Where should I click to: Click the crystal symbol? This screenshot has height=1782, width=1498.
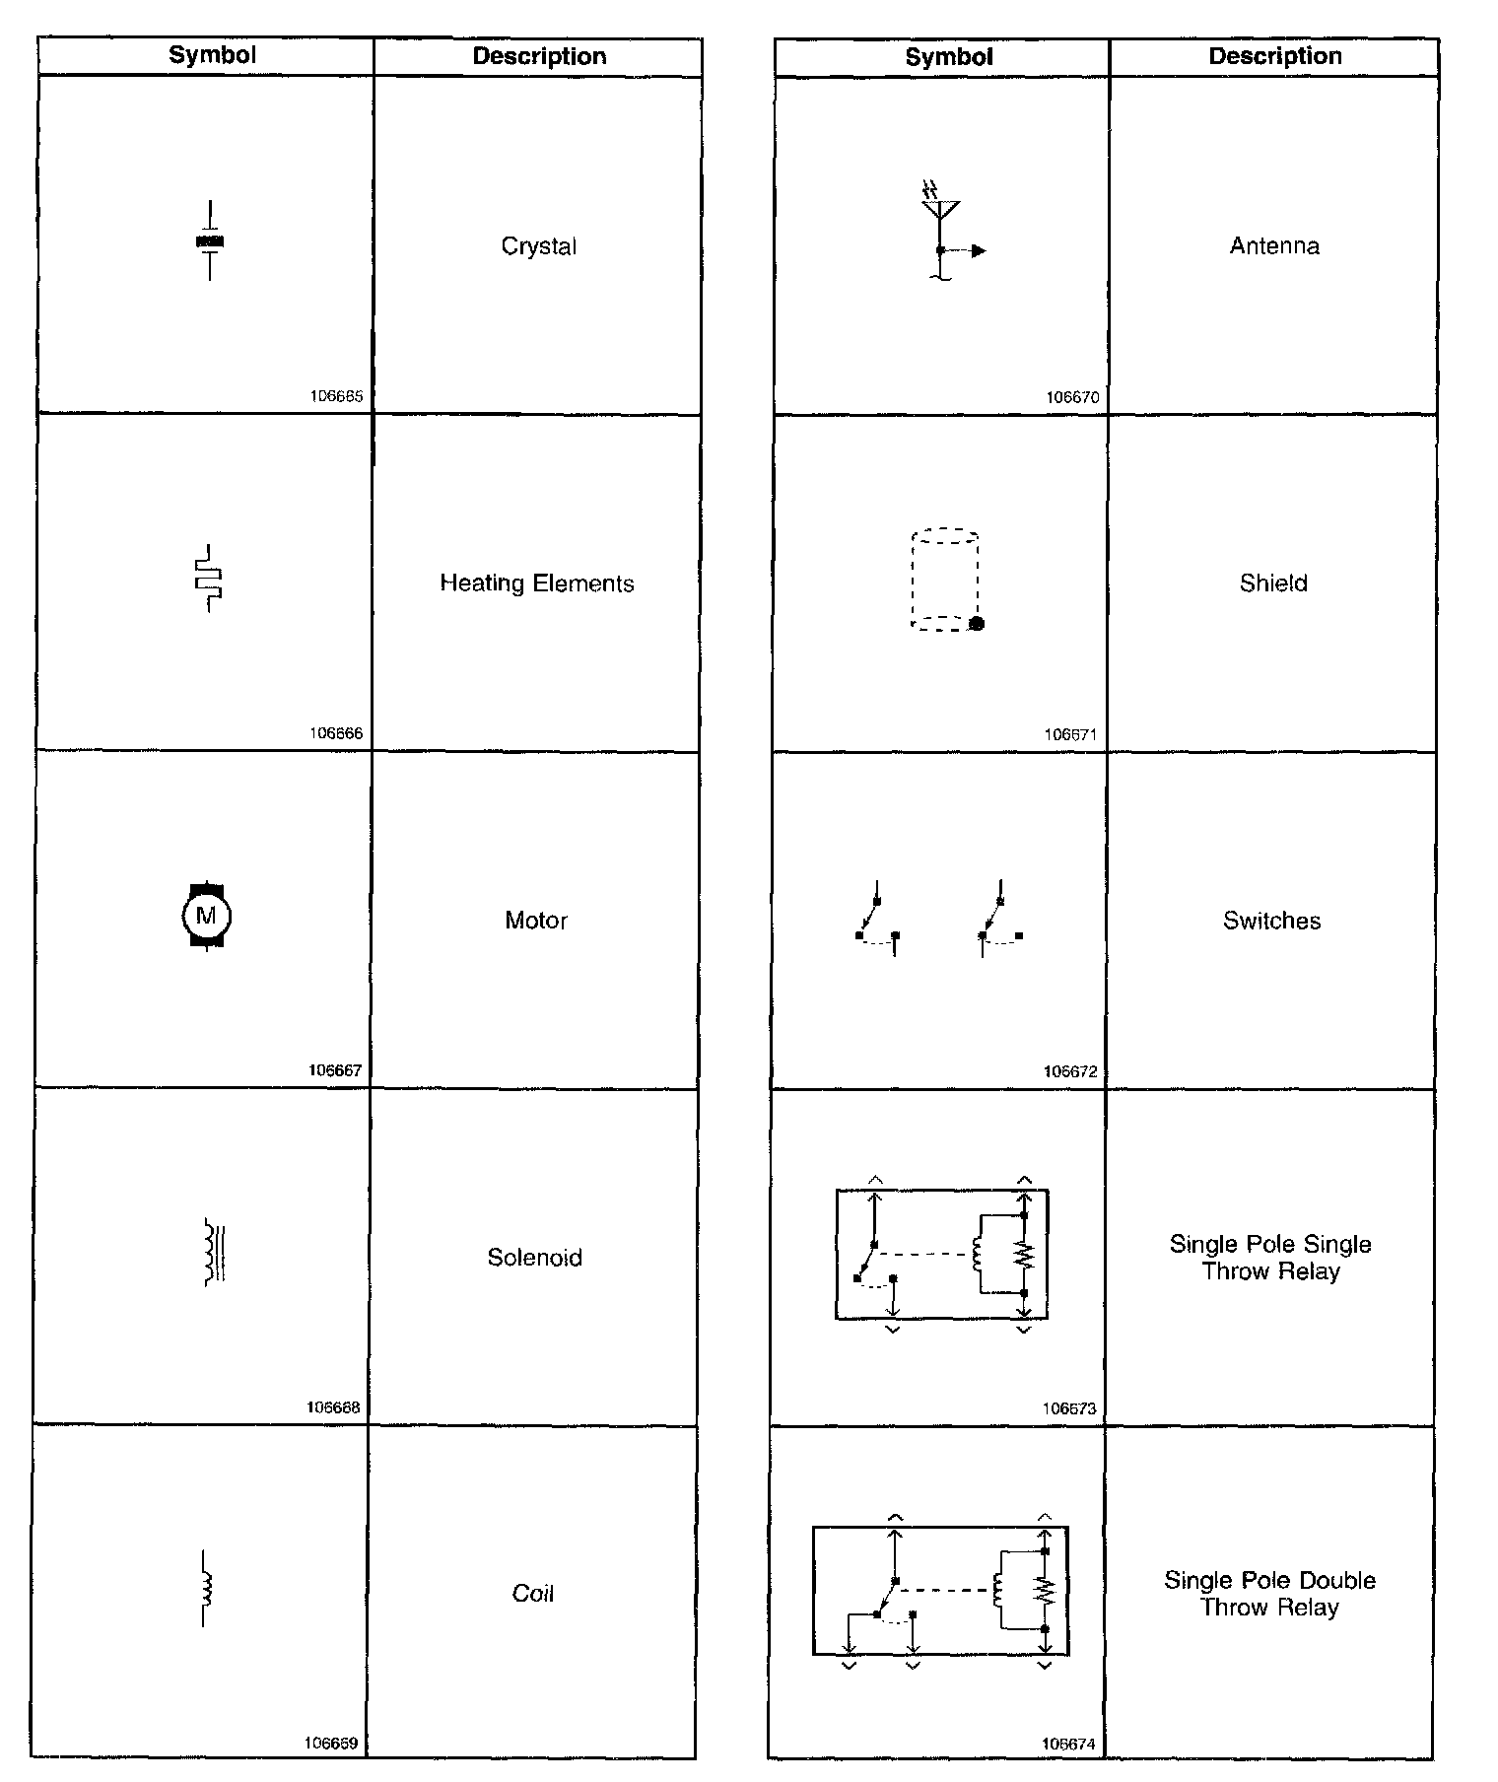tap(210, 240)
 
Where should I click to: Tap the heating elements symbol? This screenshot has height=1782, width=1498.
tap(209, 578)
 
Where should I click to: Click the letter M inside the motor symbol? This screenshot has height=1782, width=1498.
tap(206, 916)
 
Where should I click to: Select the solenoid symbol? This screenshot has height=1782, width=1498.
tap(214, 1253)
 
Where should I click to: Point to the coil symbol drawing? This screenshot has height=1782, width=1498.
tap(207, 1588)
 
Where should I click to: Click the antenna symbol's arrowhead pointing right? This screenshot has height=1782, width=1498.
tap(978, 250)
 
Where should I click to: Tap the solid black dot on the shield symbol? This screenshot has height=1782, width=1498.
tap(977, 623)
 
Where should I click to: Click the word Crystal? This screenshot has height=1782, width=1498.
tap(538, 246)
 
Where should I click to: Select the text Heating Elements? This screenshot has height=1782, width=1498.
tap(537, 583)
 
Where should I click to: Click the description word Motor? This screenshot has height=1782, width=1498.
tap(536, 921)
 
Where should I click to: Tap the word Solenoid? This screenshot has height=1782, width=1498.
tap(534, 1258)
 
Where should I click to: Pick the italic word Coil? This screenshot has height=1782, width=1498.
tap(533, 1594)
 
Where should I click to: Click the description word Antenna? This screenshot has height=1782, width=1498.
tap(1274, 246)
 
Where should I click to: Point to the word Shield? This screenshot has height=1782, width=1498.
tap(1273, 583)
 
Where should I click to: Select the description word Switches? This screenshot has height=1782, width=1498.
tap(1271, 921)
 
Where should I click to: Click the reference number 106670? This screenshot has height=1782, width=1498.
tap(1072, 397)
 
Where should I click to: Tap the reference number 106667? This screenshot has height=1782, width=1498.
tap(335, 1070)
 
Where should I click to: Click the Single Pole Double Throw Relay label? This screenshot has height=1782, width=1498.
tap(1269, 1594)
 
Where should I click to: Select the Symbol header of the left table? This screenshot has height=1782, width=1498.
tap(212, 55)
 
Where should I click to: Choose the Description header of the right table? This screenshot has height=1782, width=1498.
tap(1275, 56)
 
